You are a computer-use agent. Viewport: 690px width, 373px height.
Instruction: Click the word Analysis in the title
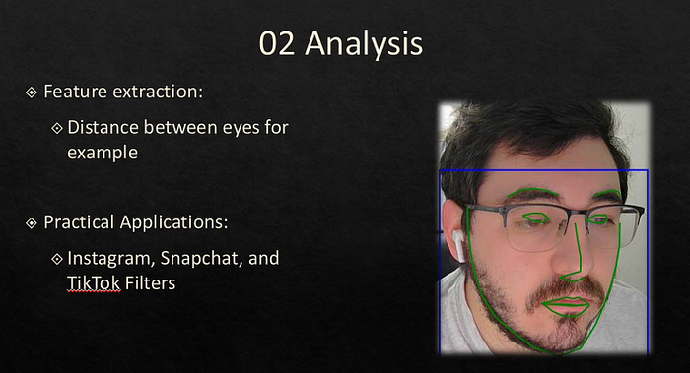[364, 45]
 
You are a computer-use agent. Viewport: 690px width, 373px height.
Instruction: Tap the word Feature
[75, 92]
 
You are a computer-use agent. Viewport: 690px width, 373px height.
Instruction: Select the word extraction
[158, 92]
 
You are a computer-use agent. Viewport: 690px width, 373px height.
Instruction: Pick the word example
[103, 153]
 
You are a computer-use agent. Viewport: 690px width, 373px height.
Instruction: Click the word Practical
[79, 221]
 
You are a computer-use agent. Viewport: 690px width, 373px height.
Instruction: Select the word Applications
[174, 222]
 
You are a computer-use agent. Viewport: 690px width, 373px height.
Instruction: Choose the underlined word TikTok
[94, 283]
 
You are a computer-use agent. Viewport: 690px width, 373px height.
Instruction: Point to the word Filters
[150, 283]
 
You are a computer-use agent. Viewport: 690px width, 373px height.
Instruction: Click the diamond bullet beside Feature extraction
[32, 93]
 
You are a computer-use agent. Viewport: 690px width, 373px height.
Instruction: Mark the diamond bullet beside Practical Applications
[32, 223]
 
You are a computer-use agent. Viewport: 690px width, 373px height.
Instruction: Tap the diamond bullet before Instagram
[57, 259]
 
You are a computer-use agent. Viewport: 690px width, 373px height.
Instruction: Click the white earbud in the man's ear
[458, 244]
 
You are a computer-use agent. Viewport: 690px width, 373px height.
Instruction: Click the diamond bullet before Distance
[57, 128]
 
